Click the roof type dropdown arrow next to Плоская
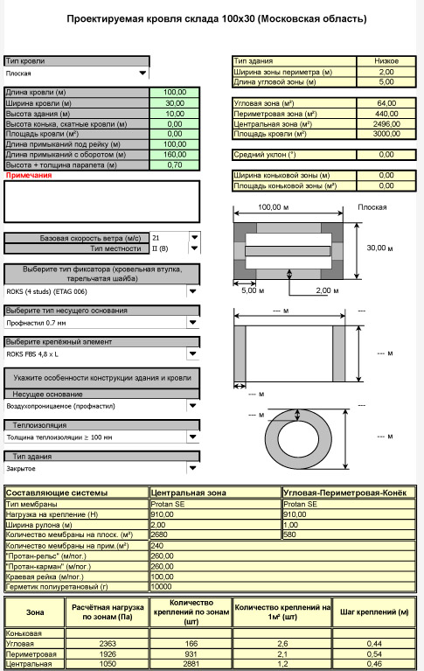(142, 73)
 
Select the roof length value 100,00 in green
(175, 92)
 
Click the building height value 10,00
(175, 114)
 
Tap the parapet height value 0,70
(175, 165)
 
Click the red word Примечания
(29, 175)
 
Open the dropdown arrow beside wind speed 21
(194, 237)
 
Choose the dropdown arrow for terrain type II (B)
(194, 248)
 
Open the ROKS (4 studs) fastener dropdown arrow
(193, 291)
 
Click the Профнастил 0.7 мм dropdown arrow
(193, 323)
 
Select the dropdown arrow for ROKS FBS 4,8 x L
(193, 354)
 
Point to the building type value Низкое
(386, 61)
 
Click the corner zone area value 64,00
(386, 103)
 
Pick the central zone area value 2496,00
(386, 124)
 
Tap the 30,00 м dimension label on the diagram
(379, 248)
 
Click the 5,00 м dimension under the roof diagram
(253, 290)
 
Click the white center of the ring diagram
(298, 438)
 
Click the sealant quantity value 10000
(162, 587)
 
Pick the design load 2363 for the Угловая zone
(108, 644)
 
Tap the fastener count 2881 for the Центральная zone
(191, 664)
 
